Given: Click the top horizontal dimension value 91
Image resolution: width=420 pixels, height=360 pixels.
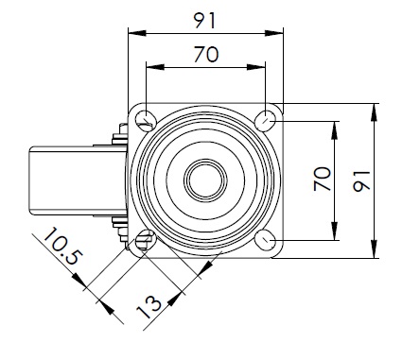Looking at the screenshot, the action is pyautogui.click(x=204, y=21).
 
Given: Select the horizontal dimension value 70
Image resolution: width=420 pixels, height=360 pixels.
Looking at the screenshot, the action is pyautogui.click(x=206, y=54).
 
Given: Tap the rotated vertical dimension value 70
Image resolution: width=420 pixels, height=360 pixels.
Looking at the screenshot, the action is pyautogui.click(x=323, y=179).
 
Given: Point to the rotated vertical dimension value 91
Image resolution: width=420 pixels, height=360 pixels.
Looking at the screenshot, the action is pyautogui.click(x=361, y=181).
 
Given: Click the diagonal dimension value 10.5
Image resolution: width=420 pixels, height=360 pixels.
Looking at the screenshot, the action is pyautogui.click(x=63, y=246).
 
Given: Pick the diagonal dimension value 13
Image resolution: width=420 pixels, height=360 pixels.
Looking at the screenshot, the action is pyautogui.click(x=149, y=307).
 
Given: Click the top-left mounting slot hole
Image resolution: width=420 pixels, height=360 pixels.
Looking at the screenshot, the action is pyautogui.click(x=146, y=119).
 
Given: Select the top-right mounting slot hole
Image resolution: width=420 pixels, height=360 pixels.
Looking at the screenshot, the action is pyautogui.click(x=266, y=120).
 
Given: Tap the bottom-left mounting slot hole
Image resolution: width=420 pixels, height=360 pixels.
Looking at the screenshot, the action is pyautogui.click(x=146, y=239).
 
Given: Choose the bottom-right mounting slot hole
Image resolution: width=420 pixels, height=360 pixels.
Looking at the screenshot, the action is pyautogui.click(x=266, y=240).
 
